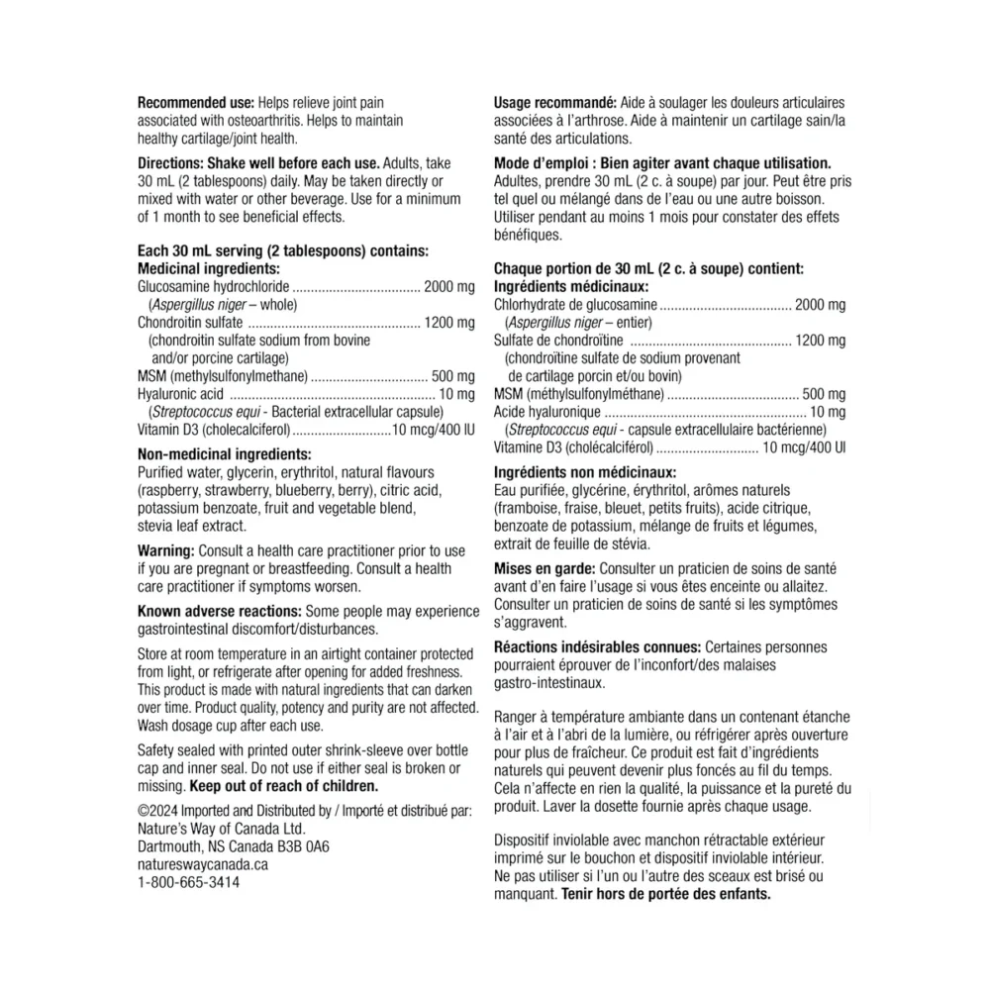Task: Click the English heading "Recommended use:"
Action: coord(194,102)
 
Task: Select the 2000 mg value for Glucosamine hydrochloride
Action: coord(449,287)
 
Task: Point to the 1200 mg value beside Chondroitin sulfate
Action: coord(449,323)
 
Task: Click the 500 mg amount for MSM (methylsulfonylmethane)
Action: coord(454,376)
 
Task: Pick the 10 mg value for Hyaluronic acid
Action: coord(458,394)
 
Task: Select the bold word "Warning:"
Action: coord(166,550)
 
